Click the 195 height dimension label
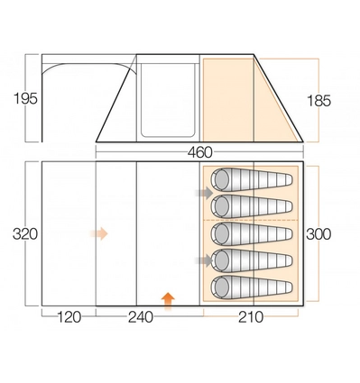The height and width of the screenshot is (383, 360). click(x=25, y=98)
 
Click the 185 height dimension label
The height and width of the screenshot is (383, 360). click(x=318, y=101)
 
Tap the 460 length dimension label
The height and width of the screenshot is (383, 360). click(x=200, y=152)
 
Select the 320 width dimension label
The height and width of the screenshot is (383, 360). click(x=25, y=234)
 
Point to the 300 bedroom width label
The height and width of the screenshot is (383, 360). click(x=318, y=234)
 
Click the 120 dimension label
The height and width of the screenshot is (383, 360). click(x=69, y=317)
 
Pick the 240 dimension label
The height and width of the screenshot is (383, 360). click(x=141, y=317)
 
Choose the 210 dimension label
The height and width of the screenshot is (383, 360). click(x=251, y=317)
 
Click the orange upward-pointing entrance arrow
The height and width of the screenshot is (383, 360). click(x=168, y=301)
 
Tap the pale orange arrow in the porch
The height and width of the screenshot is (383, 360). click(x=99, y=233)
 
